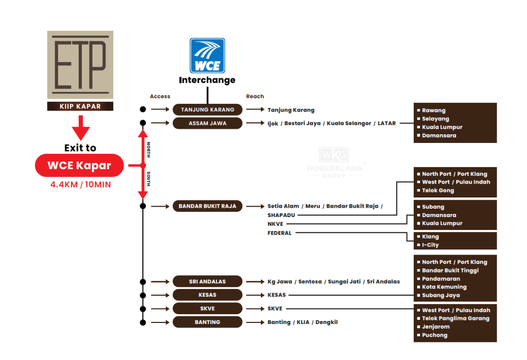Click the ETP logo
80,65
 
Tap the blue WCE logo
207,56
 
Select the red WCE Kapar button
79,166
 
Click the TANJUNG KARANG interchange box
207,110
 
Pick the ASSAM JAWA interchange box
207,123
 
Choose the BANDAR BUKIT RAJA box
207,206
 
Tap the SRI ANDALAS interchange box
207,281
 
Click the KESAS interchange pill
207,295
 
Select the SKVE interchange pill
207,309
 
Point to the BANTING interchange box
207,322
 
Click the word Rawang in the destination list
433,111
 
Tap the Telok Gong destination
438,190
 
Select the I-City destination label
430,245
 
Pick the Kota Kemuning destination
444,287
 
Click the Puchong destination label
434,335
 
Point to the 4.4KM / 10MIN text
80,184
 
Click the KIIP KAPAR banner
80,106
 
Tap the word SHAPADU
282,215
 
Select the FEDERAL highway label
279,233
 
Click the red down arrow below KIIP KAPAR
80,127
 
